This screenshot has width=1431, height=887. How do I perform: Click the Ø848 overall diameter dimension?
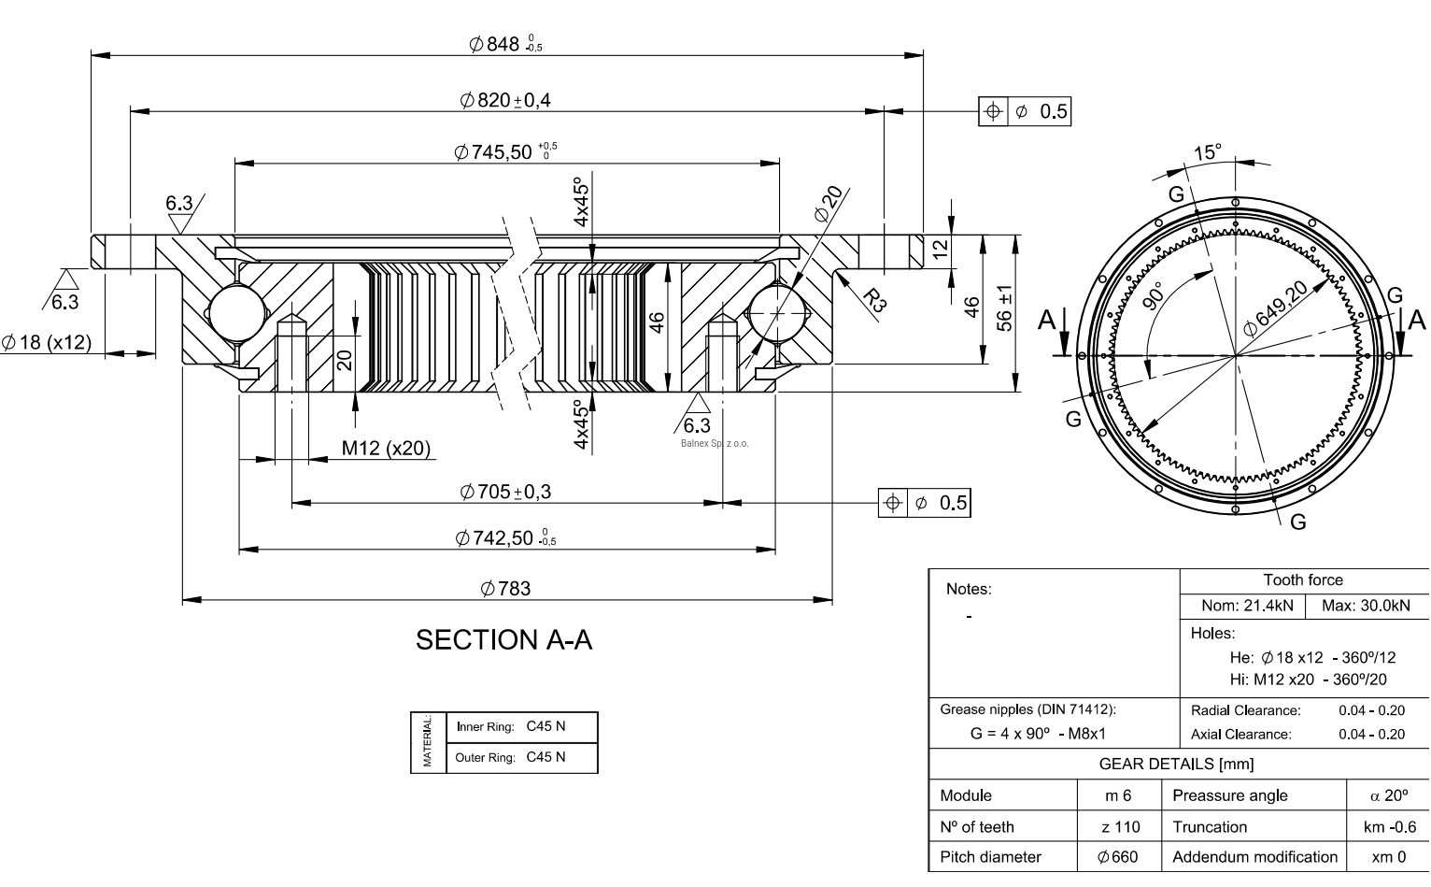[x=504, y=43]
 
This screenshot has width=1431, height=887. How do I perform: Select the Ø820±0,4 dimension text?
[x=505, y=100]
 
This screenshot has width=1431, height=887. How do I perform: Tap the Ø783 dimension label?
[x=505, y=588]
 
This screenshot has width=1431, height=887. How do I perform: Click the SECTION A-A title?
[x=503, y=640]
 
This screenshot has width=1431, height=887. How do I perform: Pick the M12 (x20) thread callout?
[x=386, y=449]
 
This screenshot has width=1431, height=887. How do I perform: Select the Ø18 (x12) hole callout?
[x=47, y=342]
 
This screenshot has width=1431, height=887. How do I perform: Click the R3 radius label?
[x=873, y=299]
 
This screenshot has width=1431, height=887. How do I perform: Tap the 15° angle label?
[x=1207, y=152]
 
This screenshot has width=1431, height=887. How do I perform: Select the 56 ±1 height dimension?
[x=1005, y=308]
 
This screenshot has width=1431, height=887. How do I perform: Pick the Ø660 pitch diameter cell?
[x=1118, y=857]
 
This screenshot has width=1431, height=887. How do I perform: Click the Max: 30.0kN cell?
[x=1366, y=606]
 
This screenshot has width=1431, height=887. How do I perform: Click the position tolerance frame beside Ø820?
[x=1025, y=112]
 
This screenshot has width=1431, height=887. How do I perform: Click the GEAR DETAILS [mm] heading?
[x=1176, y=764]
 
